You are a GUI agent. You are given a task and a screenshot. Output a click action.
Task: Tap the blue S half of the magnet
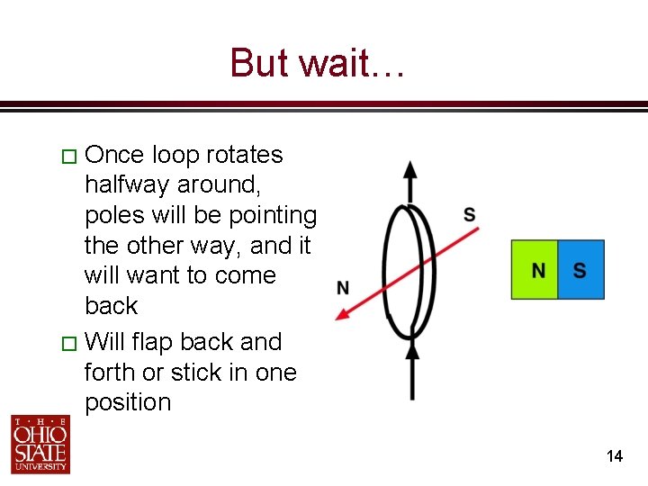coord(580,270)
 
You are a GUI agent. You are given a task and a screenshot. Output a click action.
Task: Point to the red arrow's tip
coord(338,316)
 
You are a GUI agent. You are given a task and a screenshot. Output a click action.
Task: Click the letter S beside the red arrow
coord(470,214)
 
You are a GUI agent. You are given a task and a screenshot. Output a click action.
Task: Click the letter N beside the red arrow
coord(343,288)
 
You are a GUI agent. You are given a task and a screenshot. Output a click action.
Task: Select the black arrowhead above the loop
coord(410,171)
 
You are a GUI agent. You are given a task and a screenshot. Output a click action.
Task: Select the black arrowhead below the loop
coord(412,346)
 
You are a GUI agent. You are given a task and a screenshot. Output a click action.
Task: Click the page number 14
coord(615,456)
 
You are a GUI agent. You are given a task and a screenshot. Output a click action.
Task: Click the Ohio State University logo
coord(40,444)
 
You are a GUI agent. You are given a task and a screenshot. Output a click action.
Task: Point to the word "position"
coord(128,402)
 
